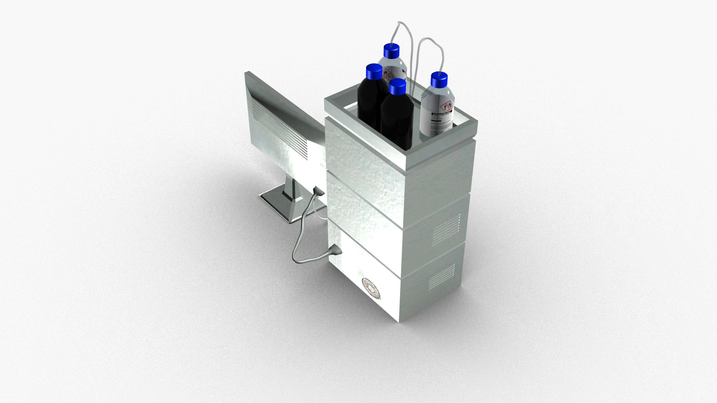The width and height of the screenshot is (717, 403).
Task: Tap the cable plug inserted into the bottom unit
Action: pyautogui.click(x=335, y=252)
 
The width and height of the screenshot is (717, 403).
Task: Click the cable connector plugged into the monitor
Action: pyautogui.click(x=318, y=192)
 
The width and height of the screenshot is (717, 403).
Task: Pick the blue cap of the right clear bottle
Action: pyautogui.click(x=439, y=79)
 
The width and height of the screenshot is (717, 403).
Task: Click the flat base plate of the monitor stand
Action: pyautogui.click(x=276, y=203)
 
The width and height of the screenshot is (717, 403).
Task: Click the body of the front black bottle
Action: pyautogui.click(x=397, y=119)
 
